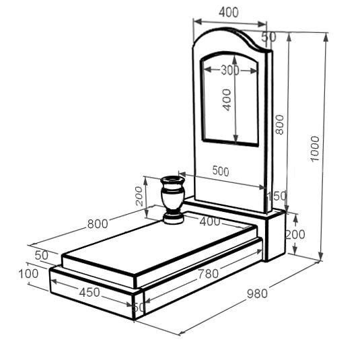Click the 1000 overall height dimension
coord(315,149)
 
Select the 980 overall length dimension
coord(257,294)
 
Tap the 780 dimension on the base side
coord(208,274)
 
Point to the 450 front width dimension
coord(89,292)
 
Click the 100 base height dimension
coord(28,274)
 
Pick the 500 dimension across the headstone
coord(221,171)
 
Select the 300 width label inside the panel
coord(230,70)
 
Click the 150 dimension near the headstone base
coord(277,196)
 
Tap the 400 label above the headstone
coord(229,12)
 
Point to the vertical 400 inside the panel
coord(227,100)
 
